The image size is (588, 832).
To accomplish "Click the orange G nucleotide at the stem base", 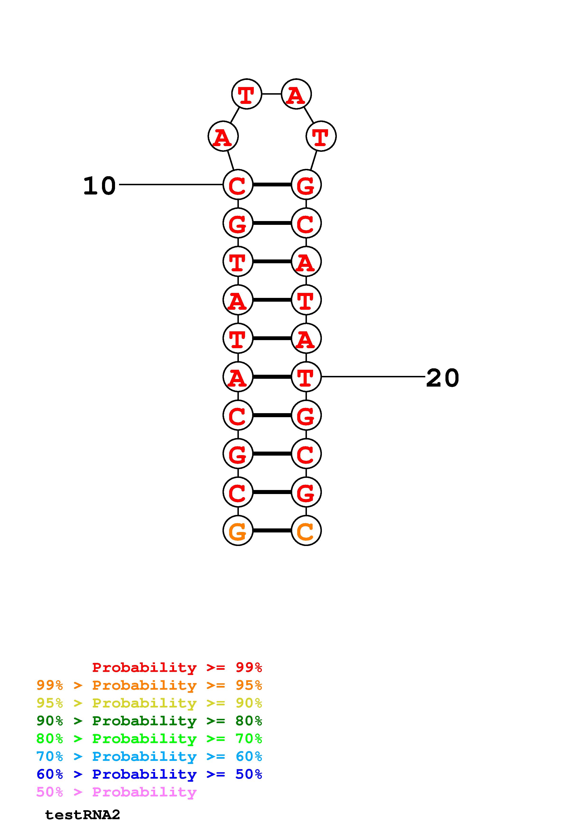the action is (x=238, y=531).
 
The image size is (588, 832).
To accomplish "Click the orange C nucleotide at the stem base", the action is (x=306, y=531).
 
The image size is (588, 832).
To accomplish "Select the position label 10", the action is (x=99, y=186).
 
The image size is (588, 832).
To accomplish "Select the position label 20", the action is (x=442, y=378).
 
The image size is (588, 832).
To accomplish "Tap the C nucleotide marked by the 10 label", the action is (x=238, y=185).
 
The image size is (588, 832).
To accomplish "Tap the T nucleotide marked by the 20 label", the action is (x=306, y=377).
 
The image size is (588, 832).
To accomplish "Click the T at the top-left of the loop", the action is (x=246, y=94).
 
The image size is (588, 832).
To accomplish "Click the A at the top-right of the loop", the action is (x=296, y=94).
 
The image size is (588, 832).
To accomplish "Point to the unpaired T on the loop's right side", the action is (x=321, y=136).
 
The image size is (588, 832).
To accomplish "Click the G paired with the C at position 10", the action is (x=306, y=185).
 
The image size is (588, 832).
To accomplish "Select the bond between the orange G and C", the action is (x=272, y=531).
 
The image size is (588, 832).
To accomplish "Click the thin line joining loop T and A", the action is (x=271, y=94).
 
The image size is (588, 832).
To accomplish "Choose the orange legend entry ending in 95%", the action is (x=149, y=685).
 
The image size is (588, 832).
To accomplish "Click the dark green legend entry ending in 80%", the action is (x=149, y=721).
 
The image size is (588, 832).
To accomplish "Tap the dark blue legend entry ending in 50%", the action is (x=149, y=774).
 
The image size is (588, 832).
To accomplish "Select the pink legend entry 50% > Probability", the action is (x=116, y=792).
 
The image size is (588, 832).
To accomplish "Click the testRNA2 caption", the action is (x=83, y=815).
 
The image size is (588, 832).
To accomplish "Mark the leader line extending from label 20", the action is (x=373, y=377).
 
